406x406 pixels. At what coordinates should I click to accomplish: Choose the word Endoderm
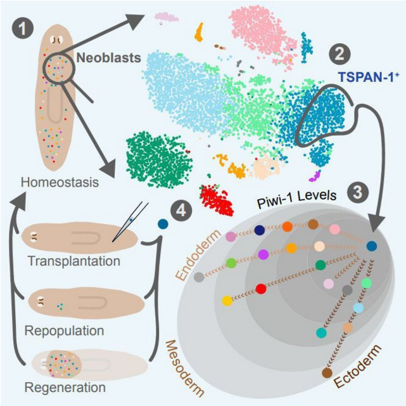[201, 249]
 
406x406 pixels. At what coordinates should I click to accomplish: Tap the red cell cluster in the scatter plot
[217, 200]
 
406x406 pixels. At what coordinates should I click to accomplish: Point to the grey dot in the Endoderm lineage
[200, 277]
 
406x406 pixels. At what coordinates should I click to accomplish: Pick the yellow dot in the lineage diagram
[226, 300]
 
